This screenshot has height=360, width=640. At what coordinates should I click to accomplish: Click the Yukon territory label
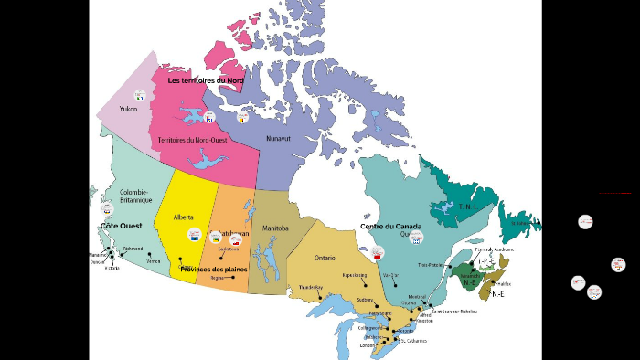(x=128, y=109)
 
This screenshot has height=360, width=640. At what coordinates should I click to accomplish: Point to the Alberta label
(x=183, y=217)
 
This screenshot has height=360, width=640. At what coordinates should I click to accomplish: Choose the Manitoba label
(x=274, y=228)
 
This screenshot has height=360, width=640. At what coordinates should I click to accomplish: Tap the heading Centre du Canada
(x=390, y=226)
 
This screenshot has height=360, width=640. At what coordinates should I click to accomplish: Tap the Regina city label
(x=217, y=278)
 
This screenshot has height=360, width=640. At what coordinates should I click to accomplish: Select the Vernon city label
(x=154, y=261)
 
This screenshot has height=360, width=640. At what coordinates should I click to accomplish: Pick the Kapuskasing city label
(x=355, y=275)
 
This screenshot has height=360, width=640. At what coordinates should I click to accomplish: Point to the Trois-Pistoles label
(x=431, y=265)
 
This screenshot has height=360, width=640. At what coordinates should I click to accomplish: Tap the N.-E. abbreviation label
(x=498, y=294)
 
